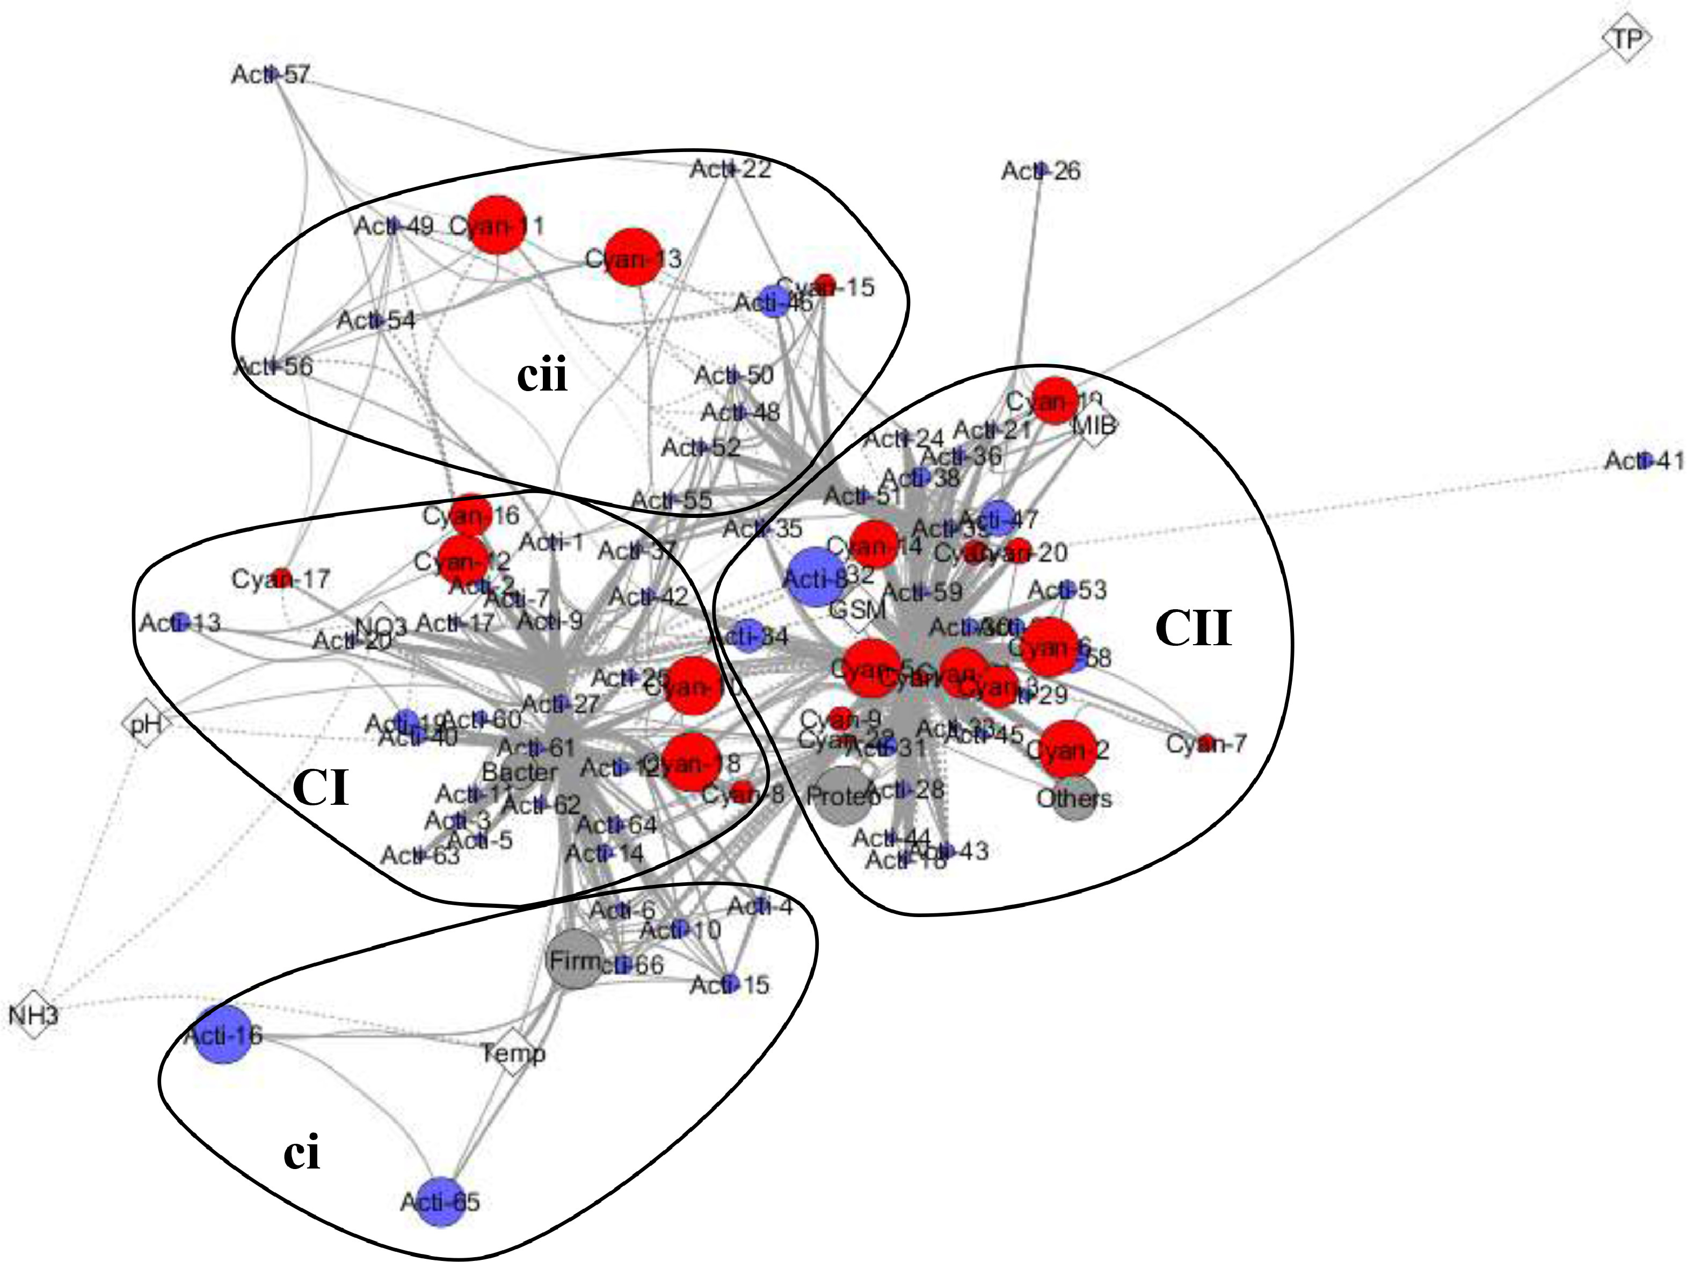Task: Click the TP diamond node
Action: [x=1626, y=38]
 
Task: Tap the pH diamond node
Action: [x=145, y=722]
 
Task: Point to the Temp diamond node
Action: [x=513, y=1053]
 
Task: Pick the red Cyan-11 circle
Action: [x=497, y=225]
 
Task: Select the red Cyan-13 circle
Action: [x=633, y=258]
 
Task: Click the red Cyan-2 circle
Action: [x=1068, y=748]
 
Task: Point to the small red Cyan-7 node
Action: [x=1206, y=742]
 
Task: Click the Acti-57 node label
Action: [x=271, y=75]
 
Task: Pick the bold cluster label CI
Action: [x=321, y=788]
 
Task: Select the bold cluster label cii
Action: [x=542, y=376]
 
